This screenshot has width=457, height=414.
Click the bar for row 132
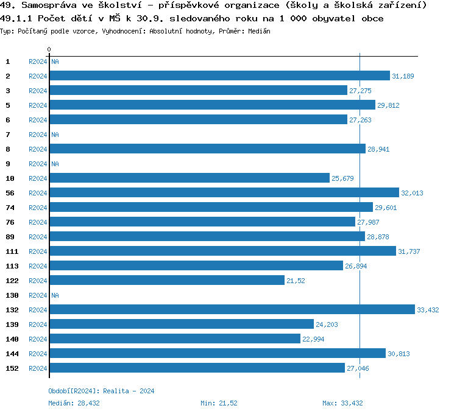click(232, 309)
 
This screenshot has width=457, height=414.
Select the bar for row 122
click(167, 280)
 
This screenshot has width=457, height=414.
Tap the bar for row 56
click(224, 192)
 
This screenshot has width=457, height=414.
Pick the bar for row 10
click(190, 178)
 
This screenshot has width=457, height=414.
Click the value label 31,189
click(403, 76)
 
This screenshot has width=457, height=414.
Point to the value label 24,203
click(327, 325)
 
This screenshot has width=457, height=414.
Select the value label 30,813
click(399, 354)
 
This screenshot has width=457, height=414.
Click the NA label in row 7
click(55, 135)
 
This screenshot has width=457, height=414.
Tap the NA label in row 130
click(55, 295)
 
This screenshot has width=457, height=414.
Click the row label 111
click(12, 251)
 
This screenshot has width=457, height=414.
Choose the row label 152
click(12, 368)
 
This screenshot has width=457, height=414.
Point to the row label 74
click(10, 208)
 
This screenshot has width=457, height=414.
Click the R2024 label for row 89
click(38, 237)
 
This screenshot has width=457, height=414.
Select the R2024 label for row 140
click(38, 339)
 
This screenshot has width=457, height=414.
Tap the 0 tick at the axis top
click(49, 49)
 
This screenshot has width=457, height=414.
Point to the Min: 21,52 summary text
click(219, 403)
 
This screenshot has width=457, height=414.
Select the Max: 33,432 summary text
click(342, 403)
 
